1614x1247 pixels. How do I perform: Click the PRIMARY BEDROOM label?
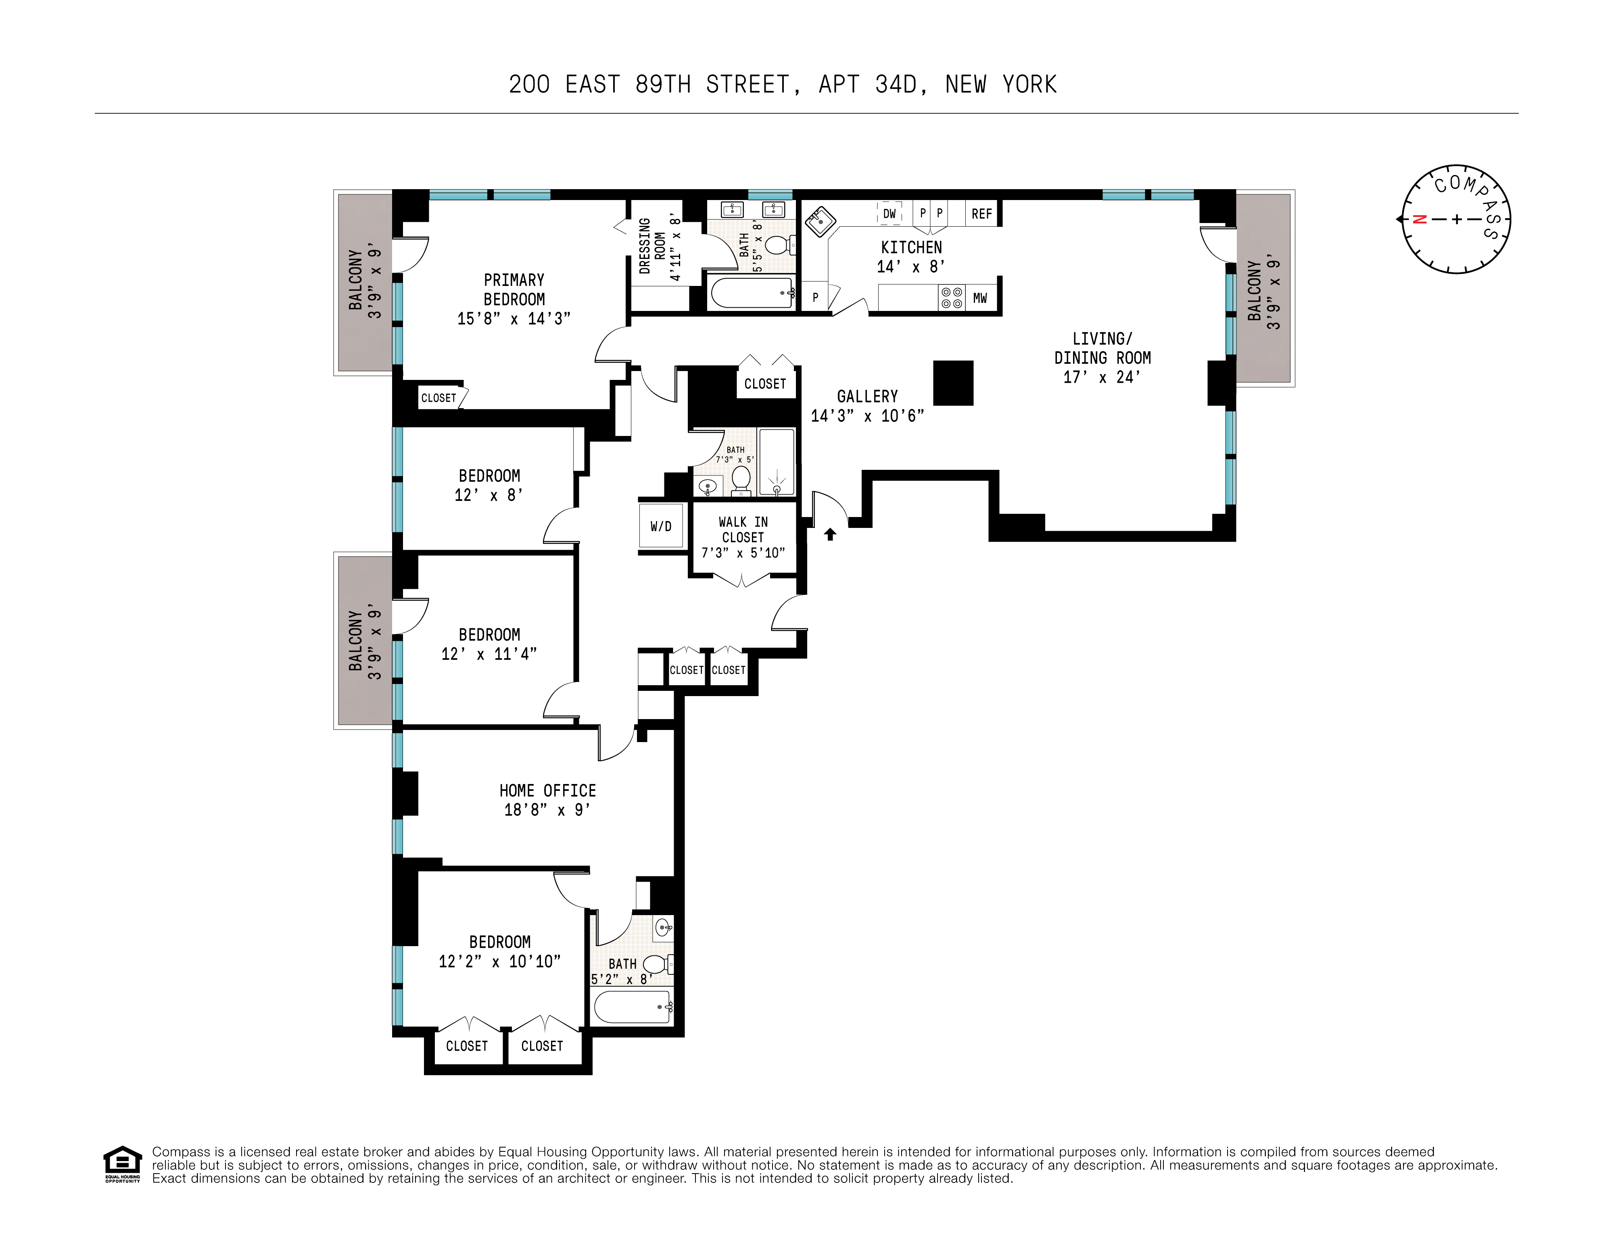click(514, 290)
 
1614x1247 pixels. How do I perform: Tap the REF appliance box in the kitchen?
click(981, 213)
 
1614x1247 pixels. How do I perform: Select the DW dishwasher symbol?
click(890, 213)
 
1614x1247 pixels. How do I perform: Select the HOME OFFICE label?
click(547, 790)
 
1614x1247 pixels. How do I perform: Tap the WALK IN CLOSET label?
click(743, 530)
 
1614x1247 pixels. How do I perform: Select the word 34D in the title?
click(896, 85)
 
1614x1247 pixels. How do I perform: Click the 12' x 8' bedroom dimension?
click(489, 495)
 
